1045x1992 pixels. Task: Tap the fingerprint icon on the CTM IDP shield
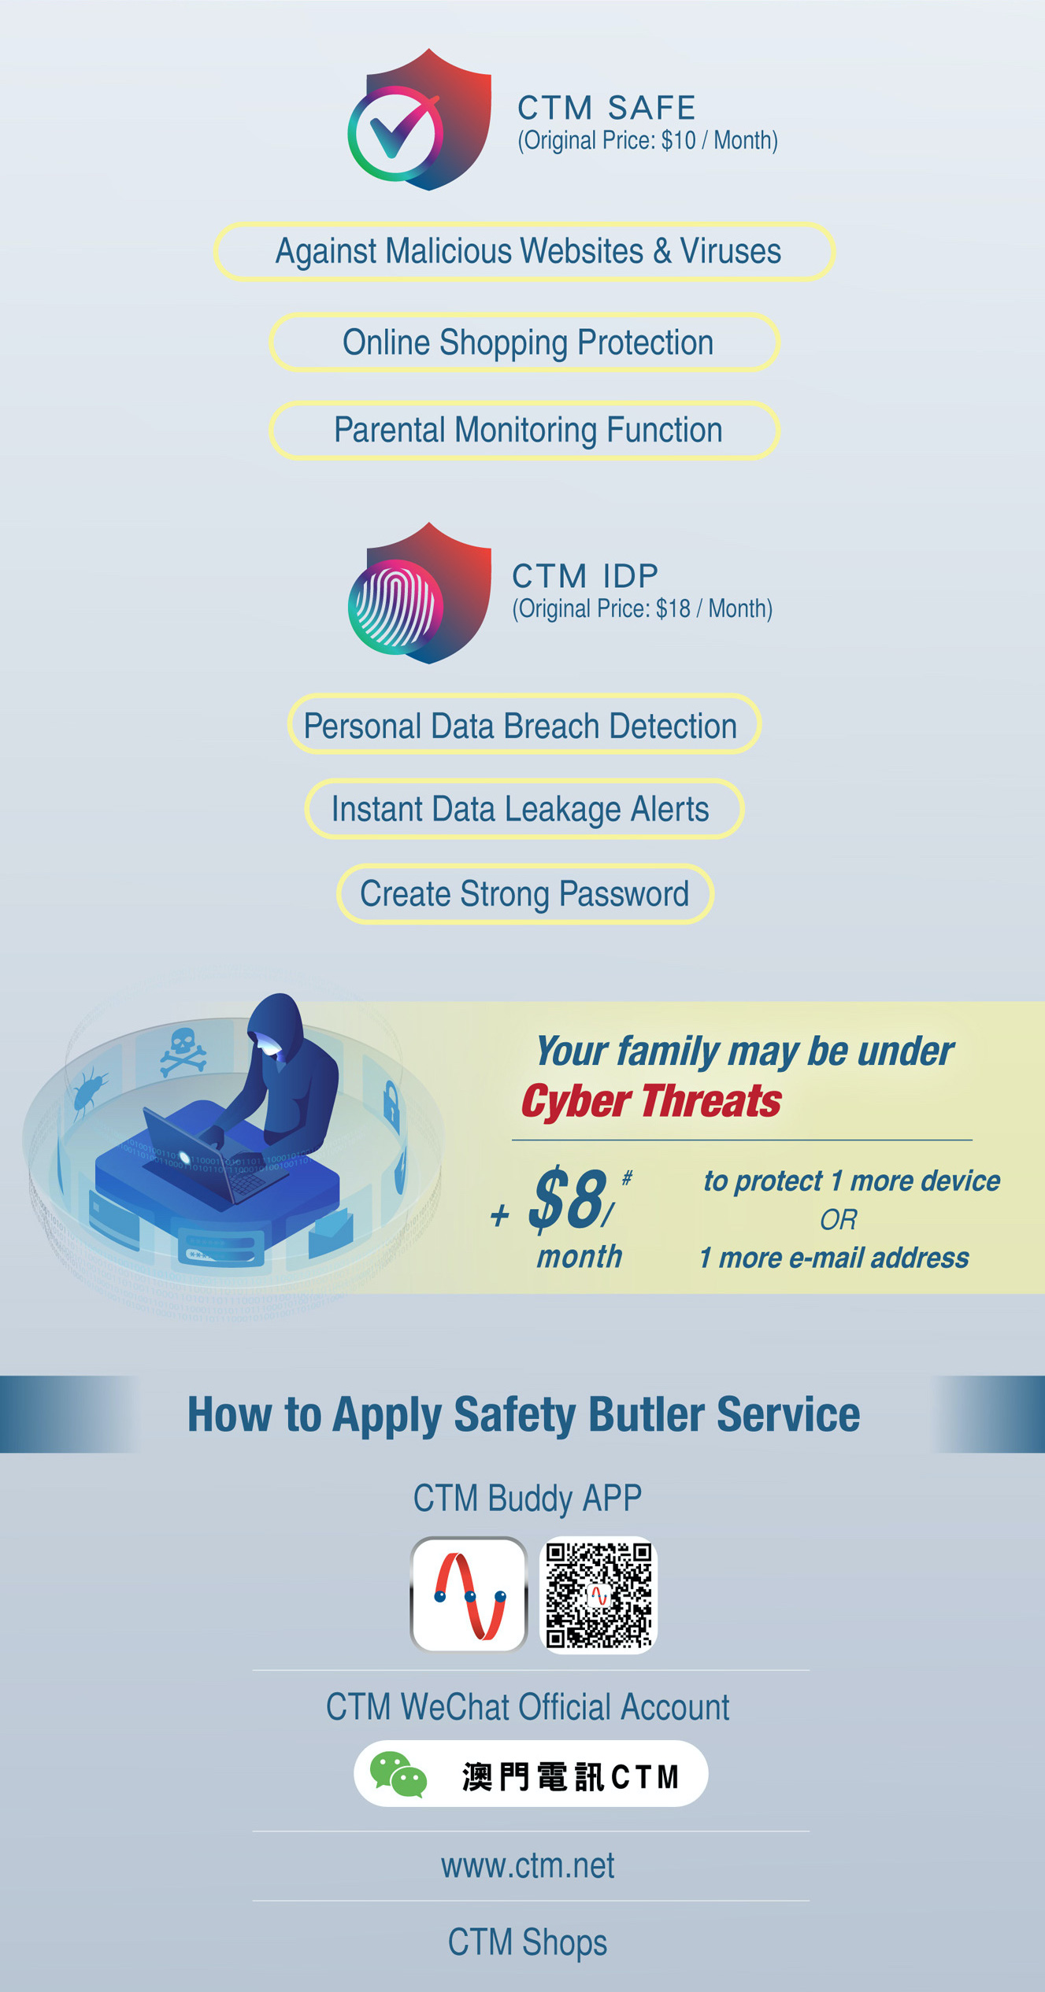coord(395,606)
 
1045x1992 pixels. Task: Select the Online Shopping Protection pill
coord(524,342)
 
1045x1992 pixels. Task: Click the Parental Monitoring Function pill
coord(524,431)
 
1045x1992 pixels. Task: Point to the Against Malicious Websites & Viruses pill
coord(524,252)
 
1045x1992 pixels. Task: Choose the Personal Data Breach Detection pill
coord(524,724)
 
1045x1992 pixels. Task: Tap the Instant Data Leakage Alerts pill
coord(524,808)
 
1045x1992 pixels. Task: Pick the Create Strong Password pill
coord(525,893)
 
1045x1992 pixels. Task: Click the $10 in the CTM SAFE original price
coord(678,141)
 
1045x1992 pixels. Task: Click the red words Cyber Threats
coord(651,1101)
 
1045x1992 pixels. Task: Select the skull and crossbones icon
coord(183,1051)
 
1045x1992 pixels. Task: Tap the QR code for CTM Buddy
coord(598,1595)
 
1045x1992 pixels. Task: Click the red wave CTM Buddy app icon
coord(469,1595)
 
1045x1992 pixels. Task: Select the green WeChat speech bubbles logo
coord(398,1774)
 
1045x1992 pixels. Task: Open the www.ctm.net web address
coord(528,1866)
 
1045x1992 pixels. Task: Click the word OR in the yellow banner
coord(838,1220)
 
